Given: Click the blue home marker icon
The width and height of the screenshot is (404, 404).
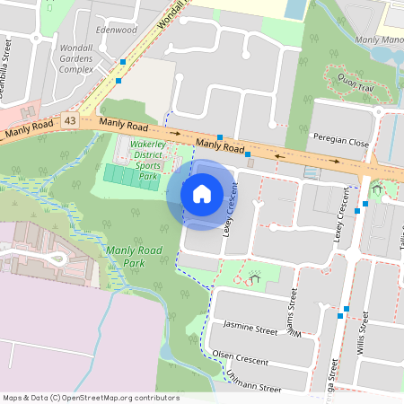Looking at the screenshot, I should (202, 192).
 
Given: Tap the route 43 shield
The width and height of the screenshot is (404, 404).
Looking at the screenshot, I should (69, 119).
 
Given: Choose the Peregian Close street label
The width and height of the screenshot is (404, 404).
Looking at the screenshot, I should (336, 142).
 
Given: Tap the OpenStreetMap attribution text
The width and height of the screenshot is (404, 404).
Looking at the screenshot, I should (91, 398).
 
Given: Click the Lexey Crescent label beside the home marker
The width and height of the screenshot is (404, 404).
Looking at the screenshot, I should (231, 209).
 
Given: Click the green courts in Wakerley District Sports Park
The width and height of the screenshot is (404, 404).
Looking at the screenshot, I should (131, 175).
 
